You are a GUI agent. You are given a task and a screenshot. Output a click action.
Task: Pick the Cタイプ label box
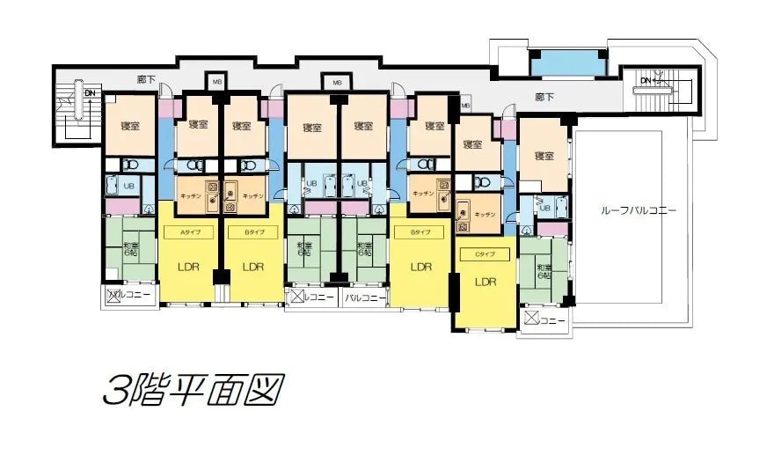point(486,254)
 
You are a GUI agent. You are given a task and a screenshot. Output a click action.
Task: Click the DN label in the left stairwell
point(90,91)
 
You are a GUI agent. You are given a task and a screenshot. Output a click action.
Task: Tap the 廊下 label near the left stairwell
point(147,80)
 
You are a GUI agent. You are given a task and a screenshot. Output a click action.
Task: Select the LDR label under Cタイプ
point(486,283)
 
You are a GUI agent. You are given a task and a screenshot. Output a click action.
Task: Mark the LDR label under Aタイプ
point(187,266)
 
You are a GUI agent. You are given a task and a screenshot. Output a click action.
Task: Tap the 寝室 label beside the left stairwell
point(129,126)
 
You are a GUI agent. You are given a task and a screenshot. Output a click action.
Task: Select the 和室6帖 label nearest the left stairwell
point(131,248)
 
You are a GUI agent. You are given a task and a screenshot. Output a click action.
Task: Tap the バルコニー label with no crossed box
point(365,297)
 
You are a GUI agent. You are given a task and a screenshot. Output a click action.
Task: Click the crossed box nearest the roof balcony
point(530,318)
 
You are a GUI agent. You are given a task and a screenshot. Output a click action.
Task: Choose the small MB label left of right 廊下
point(464,106)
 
